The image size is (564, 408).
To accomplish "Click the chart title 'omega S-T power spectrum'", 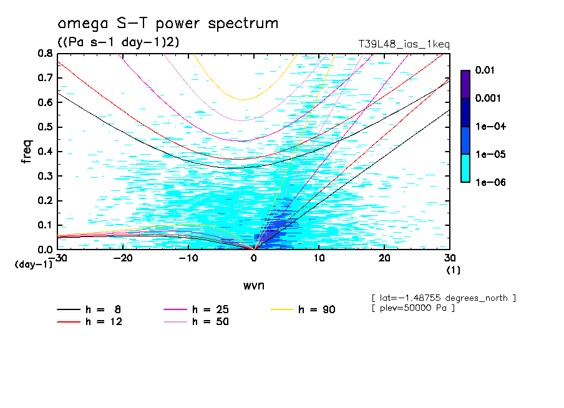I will tap(168, 24).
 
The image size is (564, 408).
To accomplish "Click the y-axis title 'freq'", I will tap(26, 152).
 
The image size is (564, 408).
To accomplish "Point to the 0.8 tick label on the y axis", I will tap(45, 54).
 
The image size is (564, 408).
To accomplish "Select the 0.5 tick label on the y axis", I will tap(45, 127).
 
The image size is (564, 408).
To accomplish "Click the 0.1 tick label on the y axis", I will tap(45, 225).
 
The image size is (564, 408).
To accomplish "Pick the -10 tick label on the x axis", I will tap(188, 258).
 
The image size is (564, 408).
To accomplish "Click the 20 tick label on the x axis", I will tap(384, 258).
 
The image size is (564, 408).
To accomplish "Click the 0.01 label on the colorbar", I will tap(485, 70).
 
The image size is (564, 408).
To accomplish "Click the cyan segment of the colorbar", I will tap(465, 168).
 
